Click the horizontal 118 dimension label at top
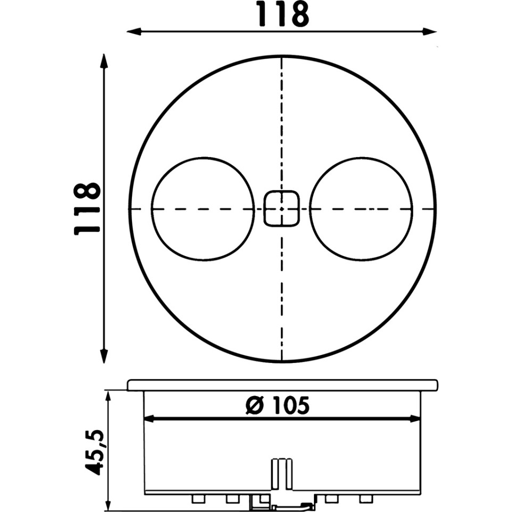click(282, 14)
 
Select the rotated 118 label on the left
click(86, 209)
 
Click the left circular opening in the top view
click(202, 208)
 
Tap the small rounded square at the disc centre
click(282, 208)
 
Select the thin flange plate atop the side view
click(282, 385)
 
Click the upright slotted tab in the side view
click(282, 471)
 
